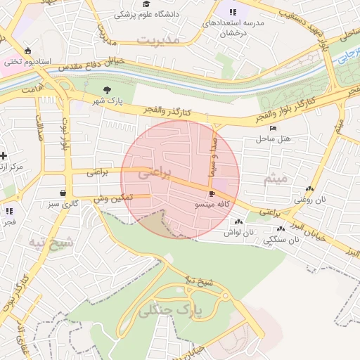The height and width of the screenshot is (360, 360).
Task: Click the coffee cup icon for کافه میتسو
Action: point(212,193)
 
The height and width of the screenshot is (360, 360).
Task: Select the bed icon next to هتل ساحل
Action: point(274,127)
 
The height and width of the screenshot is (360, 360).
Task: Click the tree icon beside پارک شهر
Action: point(107,90)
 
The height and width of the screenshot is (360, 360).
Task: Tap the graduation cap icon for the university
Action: point(146,4)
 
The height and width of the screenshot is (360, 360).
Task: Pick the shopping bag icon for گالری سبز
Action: point(63,193)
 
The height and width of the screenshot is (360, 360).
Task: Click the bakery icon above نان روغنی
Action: point(310,188)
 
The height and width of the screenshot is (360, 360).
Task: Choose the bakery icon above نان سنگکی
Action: point(281,229)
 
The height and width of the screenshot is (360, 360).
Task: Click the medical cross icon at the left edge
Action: point(4,155)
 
